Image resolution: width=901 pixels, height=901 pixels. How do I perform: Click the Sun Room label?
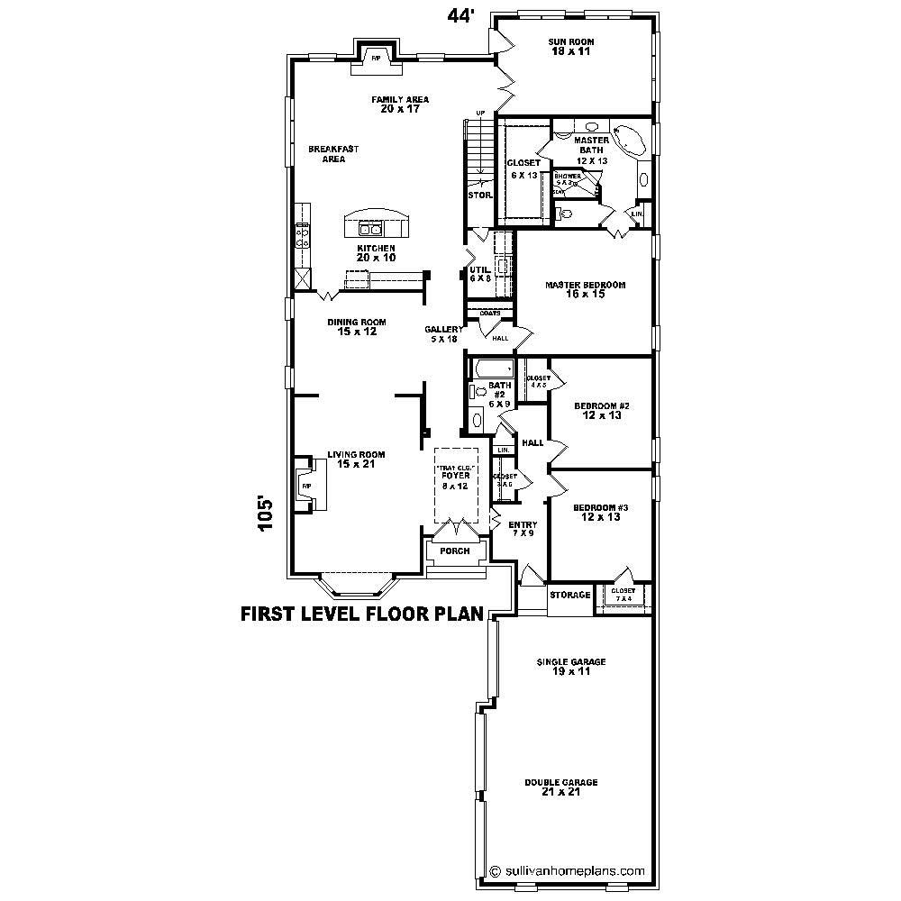(571, 47)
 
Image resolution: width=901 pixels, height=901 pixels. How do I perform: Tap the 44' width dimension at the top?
(460, 16)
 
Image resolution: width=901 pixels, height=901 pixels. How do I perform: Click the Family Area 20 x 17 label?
(400, 104)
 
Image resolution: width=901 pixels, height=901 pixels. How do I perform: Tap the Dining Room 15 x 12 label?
(357, 326)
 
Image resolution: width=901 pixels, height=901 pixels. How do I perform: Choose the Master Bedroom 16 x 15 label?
(585, 289)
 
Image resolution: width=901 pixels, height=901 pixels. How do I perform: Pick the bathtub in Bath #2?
(493, 369)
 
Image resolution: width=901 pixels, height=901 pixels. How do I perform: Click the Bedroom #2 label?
(601, 411)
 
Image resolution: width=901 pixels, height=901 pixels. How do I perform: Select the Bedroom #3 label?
(601, 512)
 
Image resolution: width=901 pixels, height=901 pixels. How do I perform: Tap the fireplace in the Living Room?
(309, 486)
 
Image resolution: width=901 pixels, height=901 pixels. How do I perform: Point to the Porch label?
(454, 551)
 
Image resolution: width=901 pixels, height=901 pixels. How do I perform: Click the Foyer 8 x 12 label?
(456, 480)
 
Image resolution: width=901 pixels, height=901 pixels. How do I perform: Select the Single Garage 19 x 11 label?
(571, 666)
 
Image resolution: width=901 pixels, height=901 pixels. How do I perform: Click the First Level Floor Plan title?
(362, 614)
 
